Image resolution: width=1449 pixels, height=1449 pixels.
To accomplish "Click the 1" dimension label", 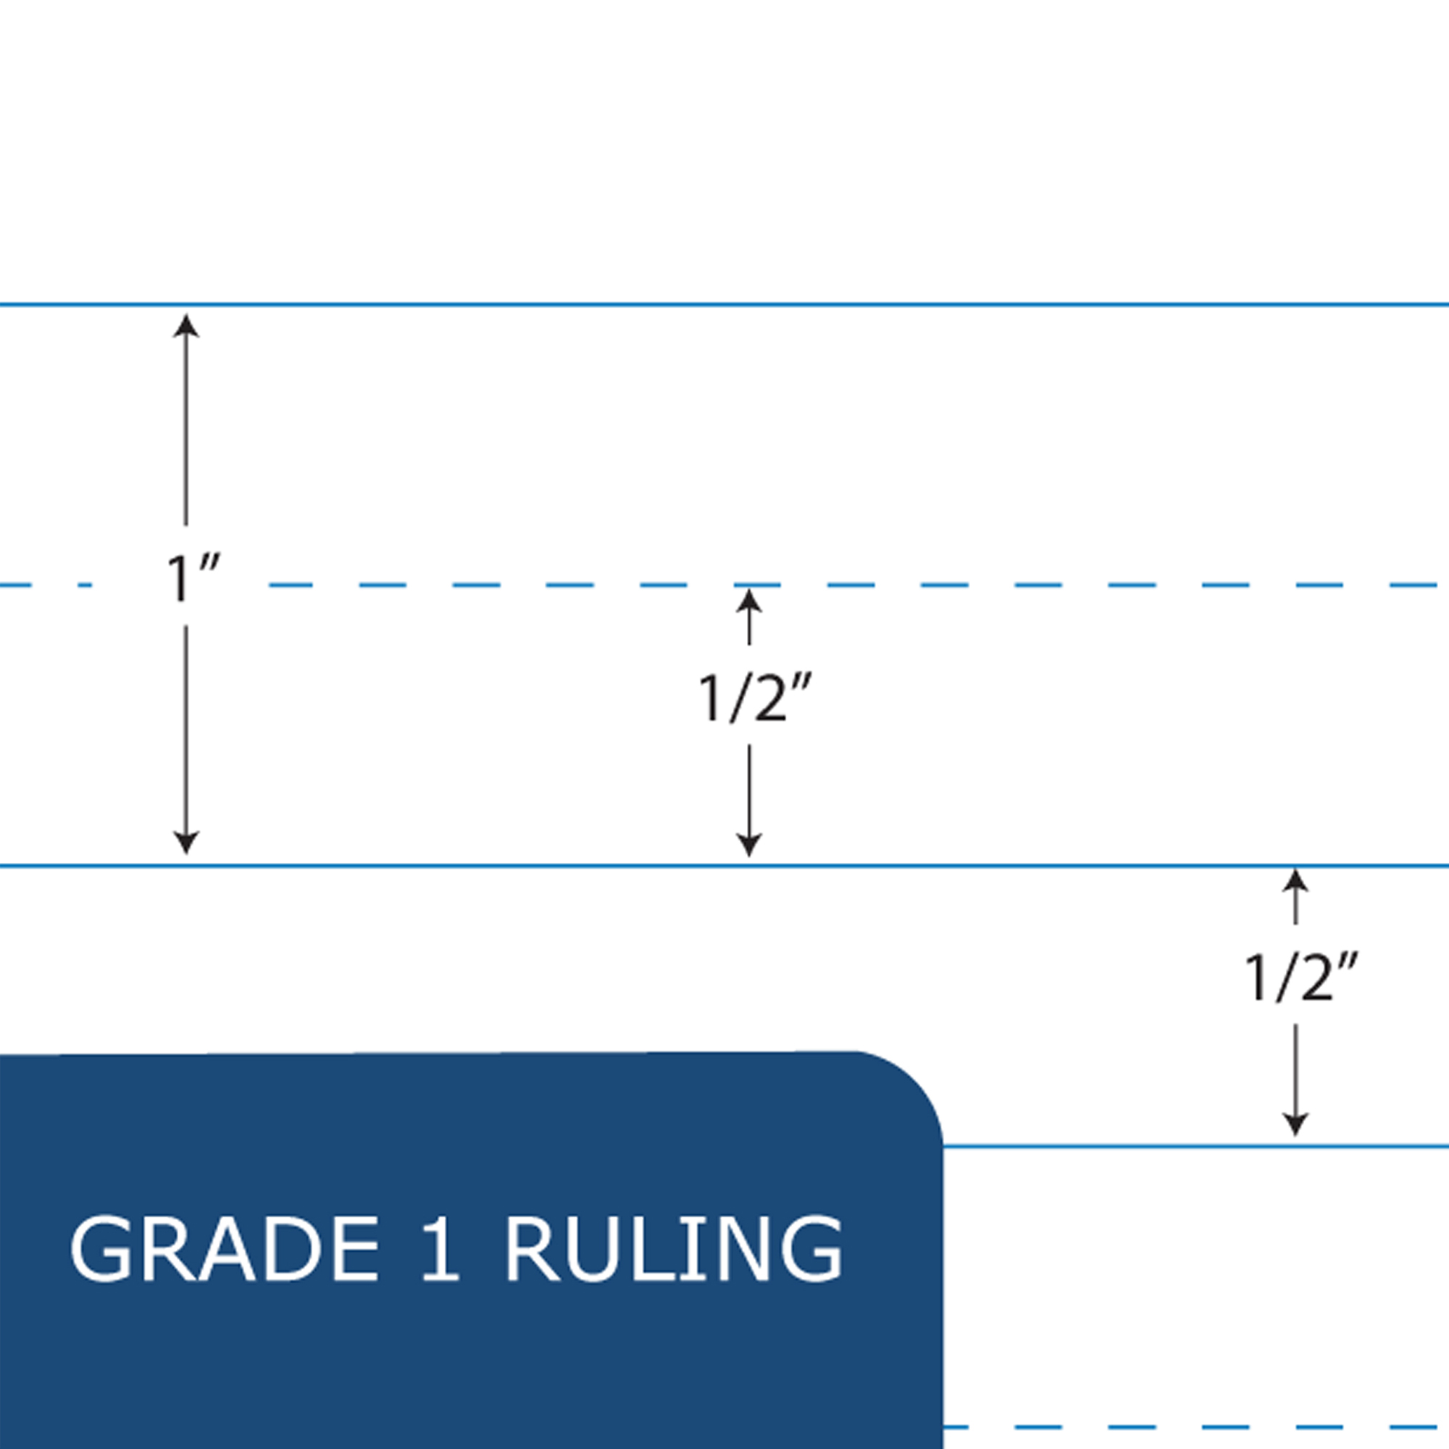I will coord(192,577).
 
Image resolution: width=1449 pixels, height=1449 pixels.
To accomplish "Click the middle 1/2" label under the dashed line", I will coord(754,698).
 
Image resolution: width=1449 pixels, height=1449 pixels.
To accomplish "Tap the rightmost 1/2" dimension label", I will coord(1300,978).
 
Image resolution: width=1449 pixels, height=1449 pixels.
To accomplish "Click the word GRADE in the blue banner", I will coord(225,1249).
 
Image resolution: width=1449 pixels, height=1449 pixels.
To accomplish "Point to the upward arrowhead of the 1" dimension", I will coord(186,325).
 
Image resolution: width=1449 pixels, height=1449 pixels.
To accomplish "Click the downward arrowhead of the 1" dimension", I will coord(186,843).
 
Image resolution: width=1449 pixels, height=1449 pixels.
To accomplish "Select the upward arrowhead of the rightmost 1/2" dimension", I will coord(1295,880).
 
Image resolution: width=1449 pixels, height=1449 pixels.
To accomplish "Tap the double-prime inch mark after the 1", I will coord(210,563).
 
